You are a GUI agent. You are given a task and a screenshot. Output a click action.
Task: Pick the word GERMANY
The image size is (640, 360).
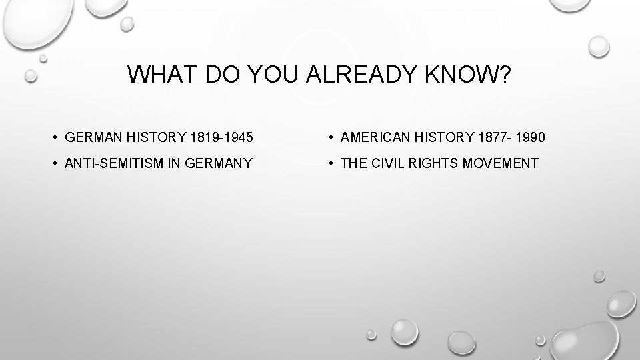pyautogui.click(x=219, y=163)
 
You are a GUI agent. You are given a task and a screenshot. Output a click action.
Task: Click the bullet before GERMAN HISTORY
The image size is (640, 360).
pyautogui.click(x=53, y=137)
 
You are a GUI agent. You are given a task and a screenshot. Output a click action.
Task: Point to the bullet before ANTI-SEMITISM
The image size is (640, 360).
pyautogui.click(x=53, y=163)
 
